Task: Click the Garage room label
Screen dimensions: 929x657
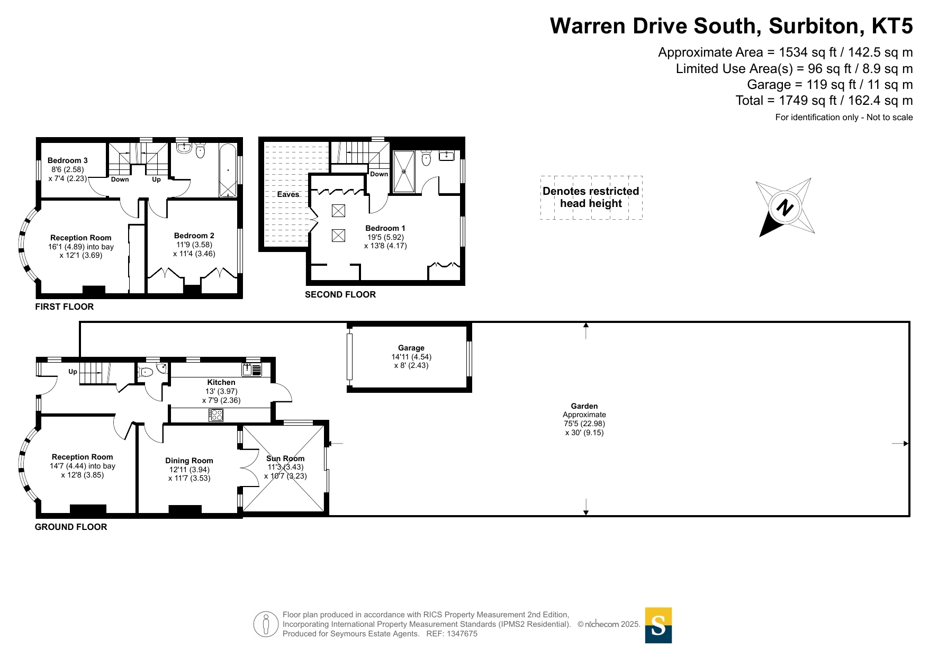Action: pos(411,348)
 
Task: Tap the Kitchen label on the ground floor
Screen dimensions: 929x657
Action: pos(221,382)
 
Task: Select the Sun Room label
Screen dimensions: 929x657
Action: pos(285,458)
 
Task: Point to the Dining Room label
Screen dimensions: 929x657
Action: pos(189,461)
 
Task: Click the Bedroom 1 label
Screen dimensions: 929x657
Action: pos(385,228)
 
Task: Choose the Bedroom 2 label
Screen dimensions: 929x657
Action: pos(194,236)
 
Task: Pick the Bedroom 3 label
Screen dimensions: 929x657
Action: pos(68,160)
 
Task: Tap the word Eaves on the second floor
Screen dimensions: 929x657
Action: pos(288,194)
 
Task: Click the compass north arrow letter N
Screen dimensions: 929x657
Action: pos(784,206)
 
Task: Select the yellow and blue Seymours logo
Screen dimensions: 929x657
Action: pos(659,625)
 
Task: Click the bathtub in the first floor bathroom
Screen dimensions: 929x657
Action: pos(228,170)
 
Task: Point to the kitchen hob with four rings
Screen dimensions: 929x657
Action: pos(216,415)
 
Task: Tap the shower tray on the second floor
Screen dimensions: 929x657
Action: pos(404,172)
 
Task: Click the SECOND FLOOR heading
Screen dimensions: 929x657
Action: pos(340,294)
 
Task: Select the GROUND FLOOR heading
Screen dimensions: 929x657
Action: pos(71,527)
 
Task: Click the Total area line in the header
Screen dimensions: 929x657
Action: pos(824,101)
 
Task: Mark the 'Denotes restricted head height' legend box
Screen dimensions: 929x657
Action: pos(591,197)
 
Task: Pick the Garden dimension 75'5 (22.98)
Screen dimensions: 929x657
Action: pos(584,424)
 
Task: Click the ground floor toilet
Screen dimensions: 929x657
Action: pos(146,372)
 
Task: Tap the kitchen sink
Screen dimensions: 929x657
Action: pos(252,369)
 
